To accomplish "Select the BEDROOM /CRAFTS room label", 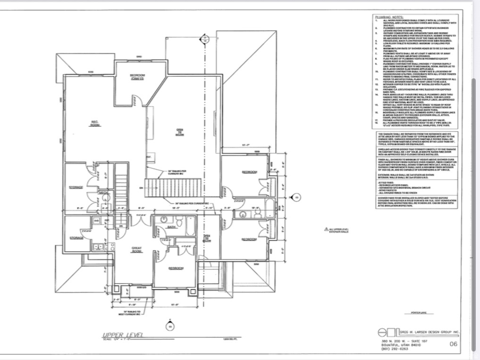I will [x=137, y=77].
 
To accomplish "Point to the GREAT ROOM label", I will [x=137, y=250].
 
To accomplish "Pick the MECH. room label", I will [x=103, y=193].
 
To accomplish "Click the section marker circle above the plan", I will [x=204, y=38].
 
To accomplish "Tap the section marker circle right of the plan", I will [x=297, y=199].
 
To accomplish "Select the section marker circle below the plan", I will [x=169, y=326].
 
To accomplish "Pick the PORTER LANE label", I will [x=419, y=312].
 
